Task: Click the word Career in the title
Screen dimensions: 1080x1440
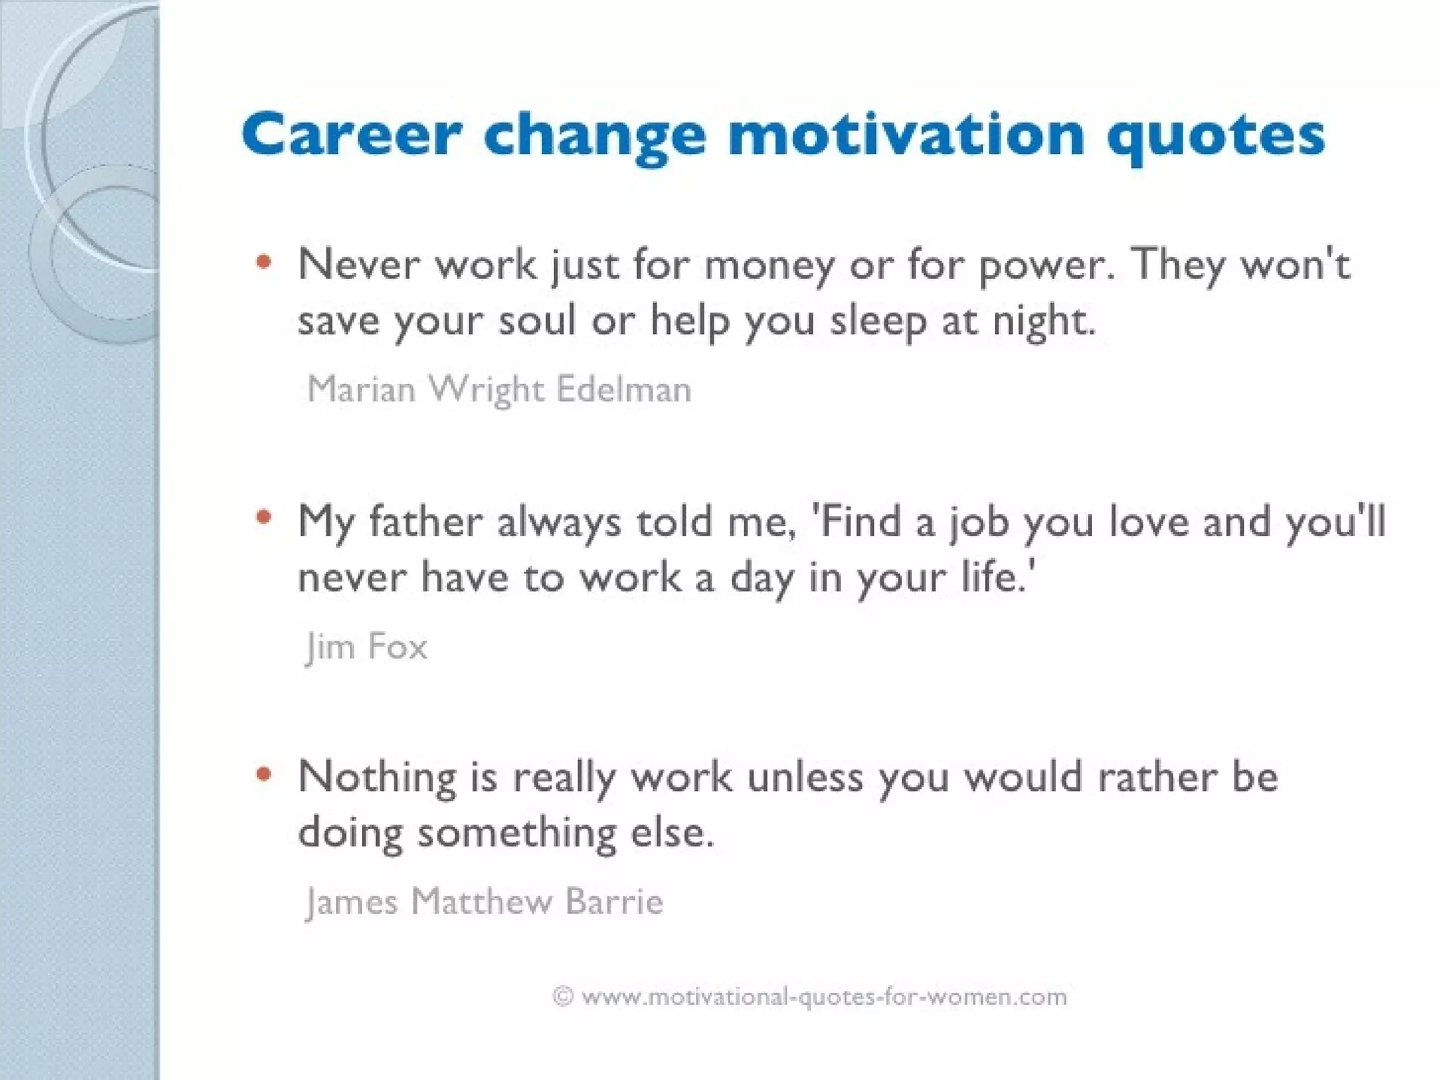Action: click(352, 135)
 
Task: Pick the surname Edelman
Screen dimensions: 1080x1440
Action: click(624, 390)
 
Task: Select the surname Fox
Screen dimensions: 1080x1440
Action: click(397, 647)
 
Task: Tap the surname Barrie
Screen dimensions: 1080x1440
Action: click(614, 902)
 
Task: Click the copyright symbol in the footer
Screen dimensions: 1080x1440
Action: click(563, 996)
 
